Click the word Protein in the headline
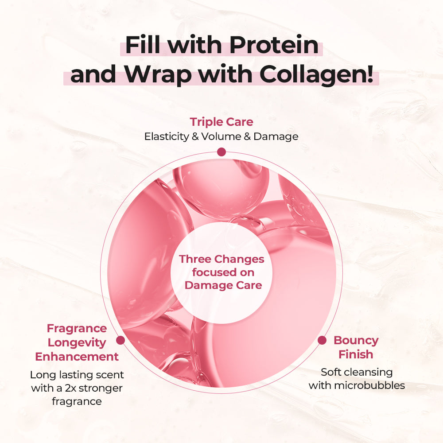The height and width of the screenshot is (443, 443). coord(274,45)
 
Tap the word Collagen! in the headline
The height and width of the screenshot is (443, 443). coord(316,74)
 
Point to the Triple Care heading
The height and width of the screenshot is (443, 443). coord(221,122)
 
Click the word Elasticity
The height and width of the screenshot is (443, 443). coord(167,136)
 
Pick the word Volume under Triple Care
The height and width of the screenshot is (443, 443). coord(221,136)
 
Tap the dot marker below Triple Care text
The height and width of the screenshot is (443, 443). coord(221,152)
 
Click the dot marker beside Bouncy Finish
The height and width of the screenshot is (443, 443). coord(322,340)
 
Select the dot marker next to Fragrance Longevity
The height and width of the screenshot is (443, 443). coord(120,340)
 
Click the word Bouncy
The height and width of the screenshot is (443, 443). coord(356,341)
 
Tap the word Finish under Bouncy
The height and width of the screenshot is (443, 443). coord(356,354)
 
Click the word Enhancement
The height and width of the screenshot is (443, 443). coord(77,357)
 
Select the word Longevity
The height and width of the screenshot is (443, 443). coord(77,343)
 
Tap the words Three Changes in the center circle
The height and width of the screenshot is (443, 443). coord(221,259)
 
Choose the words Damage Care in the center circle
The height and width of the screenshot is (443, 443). coord(223,285)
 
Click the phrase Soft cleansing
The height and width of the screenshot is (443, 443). coord(357,373)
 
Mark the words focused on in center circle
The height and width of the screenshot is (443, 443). coord(223,272)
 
